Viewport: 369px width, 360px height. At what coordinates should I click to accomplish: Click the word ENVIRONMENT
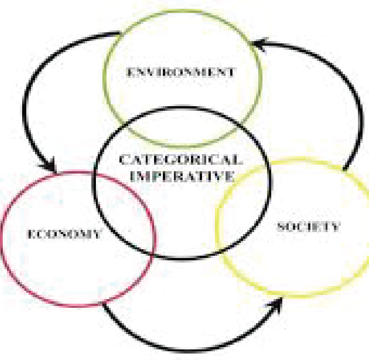180,72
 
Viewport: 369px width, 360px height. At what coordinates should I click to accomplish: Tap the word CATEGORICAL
180,160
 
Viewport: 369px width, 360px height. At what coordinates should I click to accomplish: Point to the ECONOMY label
64,234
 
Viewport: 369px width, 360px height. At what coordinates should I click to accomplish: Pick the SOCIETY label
308,227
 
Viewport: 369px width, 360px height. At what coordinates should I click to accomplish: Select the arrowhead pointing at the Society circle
277,305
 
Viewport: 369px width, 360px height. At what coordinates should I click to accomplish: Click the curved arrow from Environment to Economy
30,92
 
